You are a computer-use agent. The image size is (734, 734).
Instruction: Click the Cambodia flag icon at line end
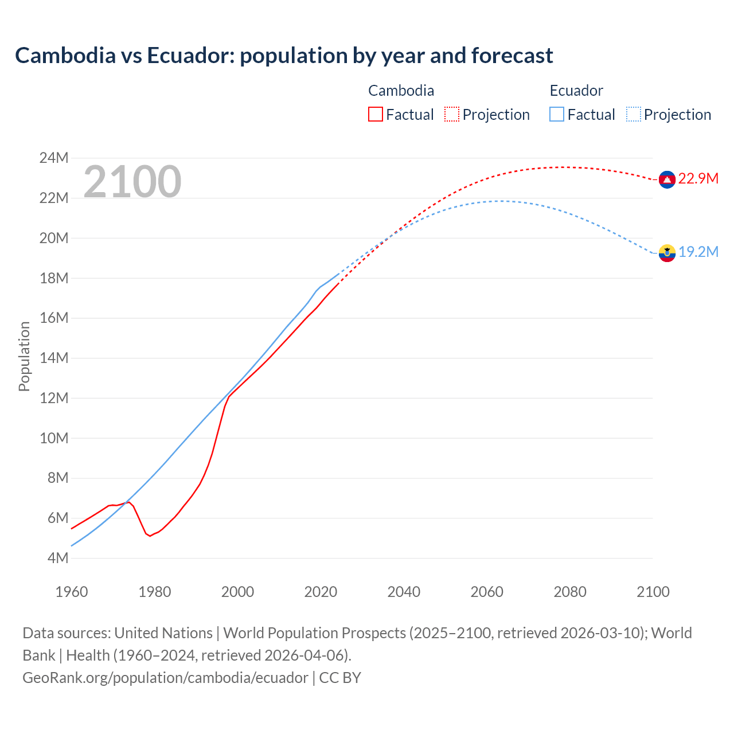point(666,179)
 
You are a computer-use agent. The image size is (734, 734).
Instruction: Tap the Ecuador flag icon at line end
point(666,253)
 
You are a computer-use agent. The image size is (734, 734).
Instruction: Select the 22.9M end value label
point(698,178)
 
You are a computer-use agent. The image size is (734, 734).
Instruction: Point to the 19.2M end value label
point(698,252)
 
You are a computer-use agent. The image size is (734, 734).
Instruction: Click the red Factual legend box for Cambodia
point(376,114)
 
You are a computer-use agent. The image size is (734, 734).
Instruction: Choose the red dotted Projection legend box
point(452,114)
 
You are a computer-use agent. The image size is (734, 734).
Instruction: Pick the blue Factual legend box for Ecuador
point(557,114)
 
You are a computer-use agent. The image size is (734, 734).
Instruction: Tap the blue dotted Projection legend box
point(633,114)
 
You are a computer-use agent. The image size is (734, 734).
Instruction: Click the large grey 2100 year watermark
point(132,182)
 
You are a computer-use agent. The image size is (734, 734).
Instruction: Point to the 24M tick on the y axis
point(53,158)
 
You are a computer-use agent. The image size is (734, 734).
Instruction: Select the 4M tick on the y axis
point(57,558)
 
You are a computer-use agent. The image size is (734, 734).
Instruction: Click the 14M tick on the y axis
point(53,358)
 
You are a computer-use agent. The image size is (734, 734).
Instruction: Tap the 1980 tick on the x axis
point(154,592)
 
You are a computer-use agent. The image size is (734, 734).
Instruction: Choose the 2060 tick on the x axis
point(487,592)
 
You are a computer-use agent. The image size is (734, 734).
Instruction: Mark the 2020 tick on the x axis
point(321,592)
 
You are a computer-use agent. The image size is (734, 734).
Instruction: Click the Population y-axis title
point(24,356)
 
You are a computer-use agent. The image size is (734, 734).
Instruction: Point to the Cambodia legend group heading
point(401,91)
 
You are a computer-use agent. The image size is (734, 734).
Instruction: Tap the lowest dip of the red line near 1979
point(150,536)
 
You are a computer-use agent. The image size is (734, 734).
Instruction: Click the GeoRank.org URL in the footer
point(165,677)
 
